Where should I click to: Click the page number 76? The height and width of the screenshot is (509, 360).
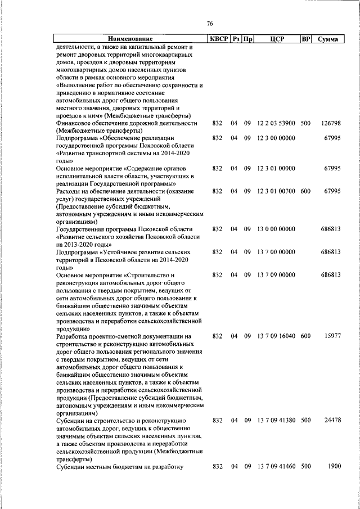tap(210, 24)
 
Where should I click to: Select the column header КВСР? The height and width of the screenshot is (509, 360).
tap(218, 39)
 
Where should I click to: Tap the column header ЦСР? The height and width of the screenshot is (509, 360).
tap(276, 39)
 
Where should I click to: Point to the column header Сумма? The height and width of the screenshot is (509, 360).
tap(327, 39)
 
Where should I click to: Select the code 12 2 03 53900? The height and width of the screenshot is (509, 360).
tap(276, 123)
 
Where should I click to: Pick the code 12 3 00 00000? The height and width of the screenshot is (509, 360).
tap(276, 138)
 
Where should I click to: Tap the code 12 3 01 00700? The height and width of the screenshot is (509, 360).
tap(276, 191)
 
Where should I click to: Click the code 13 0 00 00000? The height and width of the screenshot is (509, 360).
tap(276, 229)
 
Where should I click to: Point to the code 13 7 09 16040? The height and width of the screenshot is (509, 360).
tap(276, 336)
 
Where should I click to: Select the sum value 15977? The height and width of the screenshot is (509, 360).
tap(332, 336)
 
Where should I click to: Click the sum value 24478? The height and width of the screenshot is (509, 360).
tap(332, 420)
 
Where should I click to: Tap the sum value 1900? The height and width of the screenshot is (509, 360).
tap(334, 466)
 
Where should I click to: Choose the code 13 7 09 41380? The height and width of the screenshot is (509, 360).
tap(276, 420)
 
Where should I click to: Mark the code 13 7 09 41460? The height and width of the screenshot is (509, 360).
tap(276, 466)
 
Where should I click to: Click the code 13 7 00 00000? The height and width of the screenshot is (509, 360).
tap(276, 253)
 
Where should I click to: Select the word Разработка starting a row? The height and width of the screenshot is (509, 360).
tap(75, 336)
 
